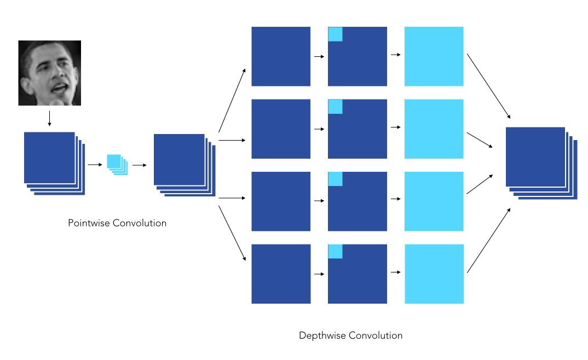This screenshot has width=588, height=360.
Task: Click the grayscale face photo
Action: [49, 73]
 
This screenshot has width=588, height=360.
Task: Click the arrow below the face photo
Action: [49, 119]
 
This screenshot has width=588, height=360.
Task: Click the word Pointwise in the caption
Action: [89, 223]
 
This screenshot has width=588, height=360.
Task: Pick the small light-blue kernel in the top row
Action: [335, 34]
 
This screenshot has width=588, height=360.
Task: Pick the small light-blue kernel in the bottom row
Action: [335, 251]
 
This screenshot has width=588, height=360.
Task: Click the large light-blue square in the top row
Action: [434, 56]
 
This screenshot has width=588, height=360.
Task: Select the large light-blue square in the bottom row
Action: [434, 274]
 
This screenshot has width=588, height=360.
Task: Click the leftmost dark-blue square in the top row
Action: [281, 56]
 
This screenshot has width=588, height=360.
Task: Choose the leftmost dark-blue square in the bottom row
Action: [281, 274]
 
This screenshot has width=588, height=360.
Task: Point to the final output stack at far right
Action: [539, 161]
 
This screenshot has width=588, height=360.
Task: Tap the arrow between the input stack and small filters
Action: [95, 164]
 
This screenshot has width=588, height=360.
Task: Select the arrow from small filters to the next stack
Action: [139, 164]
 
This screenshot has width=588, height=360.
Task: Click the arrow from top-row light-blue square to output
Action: [489, 86]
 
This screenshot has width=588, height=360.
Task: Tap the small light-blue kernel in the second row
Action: [335, 106]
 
